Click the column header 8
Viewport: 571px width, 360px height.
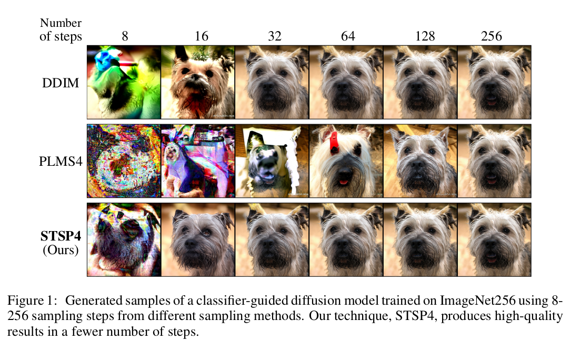[x=124, y=36]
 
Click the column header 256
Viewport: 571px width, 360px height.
[x=492, y=36]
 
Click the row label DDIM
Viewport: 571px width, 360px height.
[x=61, y=83]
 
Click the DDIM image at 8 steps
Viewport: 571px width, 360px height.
[x=124, y=82]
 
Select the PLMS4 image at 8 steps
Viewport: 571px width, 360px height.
[x=124, y=161]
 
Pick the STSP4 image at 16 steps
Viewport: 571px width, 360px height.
[x=198, y=239]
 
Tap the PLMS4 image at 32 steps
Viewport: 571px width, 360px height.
[x=272, y=161]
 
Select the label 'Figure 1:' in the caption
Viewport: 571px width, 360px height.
[x=31, y=301]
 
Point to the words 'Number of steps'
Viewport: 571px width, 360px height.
[x=61, y=30]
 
